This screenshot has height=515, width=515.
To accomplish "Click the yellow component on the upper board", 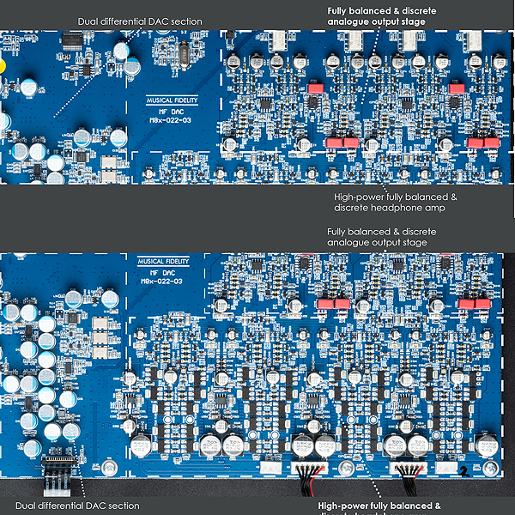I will [x=3, y=65].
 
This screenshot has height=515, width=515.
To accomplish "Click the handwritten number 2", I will [x=463, y=470].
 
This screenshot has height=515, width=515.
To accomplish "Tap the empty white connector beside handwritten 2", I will [x=445, y=468].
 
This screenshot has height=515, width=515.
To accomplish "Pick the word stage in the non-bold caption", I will [x=413, y=242].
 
